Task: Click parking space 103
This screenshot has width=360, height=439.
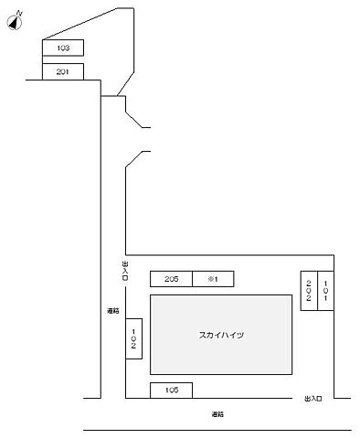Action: coord(63,48)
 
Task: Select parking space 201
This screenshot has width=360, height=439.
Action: coord(63,70)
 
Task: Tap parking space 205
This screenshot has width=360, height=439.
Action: coord(171,279)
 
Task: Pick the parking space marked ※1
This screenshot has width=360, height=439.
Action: coord(213,279)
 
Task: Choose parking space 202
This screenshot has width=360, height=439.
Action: coord(309,291)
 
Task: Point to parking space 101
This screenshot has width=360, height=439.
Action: coord(326,291)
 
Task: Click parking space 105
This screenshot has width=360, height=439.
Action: coord(171,391)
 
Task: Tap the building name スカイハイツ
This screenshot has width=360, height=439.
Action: coord(221,335)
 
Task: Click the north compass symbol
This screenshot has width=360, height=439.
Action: coord(14,23)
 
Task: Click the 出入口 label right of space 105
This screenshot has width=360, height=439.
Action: coord(313,399)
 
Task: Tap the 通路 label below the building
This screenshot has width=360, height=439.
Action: coord(217,415)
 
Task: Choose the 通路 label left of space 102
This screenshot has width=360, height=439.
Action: coord(112,312)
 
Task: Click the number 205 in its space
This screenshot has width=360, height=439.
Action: coord(171,279)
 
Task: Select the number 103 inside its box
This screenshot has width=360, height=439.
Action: coord(63,48)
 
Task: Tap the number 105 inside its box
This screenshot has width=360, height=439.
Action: coord(171,391)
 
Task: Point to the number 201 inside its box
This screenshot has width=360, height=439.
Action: coord(63,70)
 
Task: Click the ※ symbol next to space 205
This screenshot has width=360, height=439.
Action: coord(209,279)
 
